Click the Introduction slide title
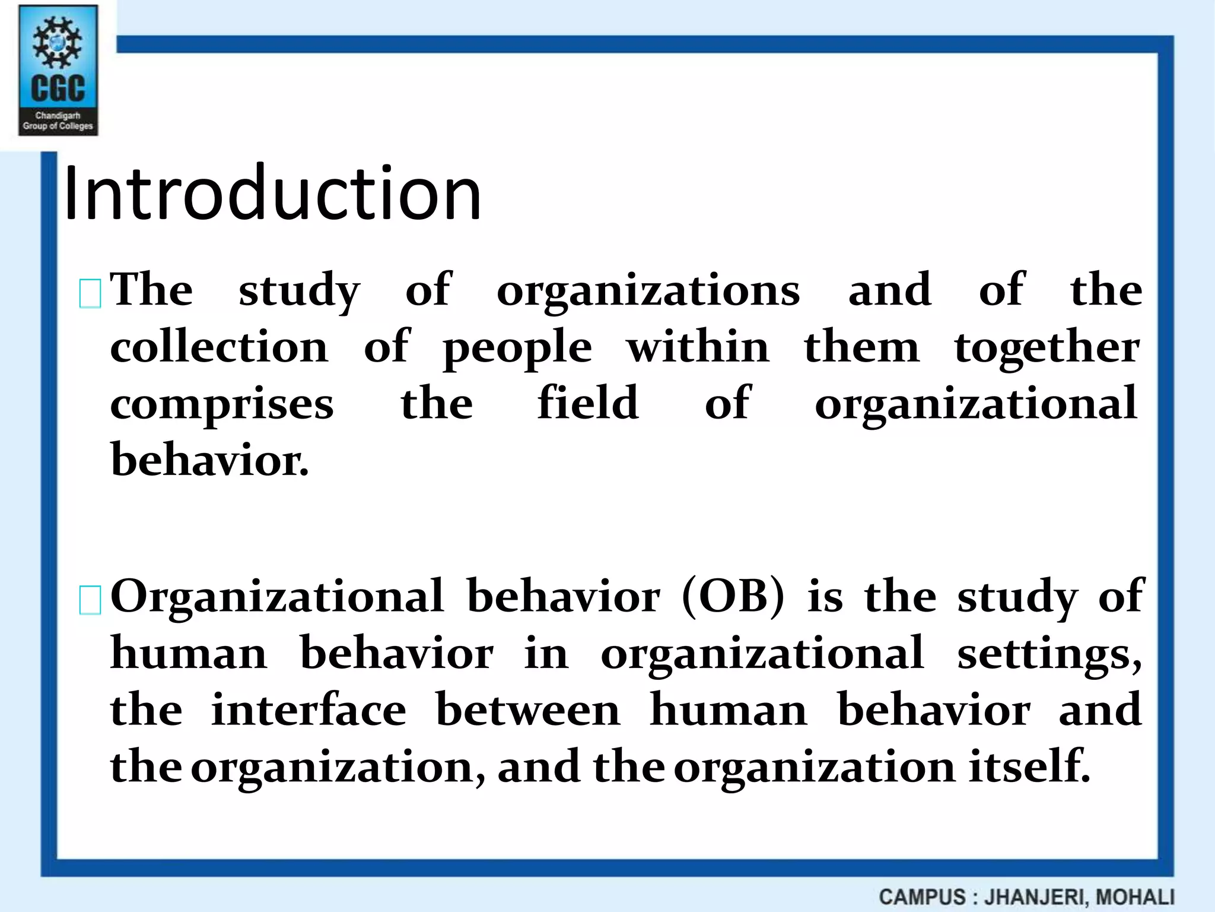click(272, 194)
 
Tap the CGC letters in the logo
click(58, 89)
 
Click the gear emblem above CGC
click(58, 42)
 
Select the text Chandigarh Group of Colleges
click(58, 121)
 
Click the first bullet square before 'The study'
click(90, 294)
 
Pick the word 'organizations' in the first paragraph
click(648, 291)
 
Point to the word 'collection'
click(219, 347)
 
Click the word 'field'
click(588, 403)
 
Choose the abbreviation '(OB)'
click(733, 596)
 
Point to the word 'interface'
click(309, 710)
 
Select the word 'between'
click(528, 710)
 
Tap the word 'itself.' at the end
click(1030, 766)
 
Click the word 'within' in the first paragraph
click(698, 347)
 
